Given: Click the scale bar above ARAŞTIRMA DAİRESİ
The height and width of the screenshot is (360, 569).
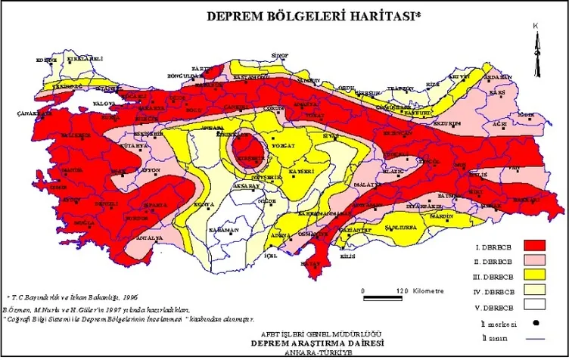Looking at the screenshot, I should coord(393,290).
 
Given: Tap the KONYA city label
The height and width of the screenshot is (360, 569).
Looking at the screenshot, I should coord(182,204).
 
